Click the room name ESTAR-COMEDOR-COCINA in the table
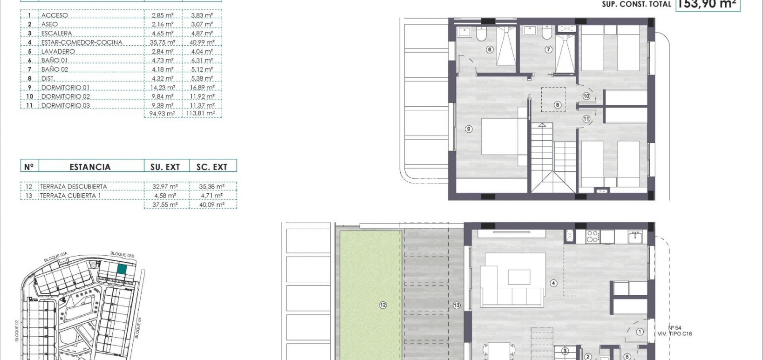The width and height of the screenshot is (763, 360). coord(82,42)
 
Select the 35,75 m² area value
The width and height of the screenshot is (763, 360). coord(163,42)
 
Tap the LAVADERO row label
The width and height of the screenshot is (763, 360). coord(58,51)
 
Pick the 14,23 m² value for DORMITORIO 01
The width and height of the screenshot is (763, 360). coord(163,88)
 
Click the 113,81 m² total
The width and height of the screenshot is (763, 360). coord(201,113)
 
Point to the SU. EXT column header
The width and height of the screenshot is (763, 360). coord(165,167)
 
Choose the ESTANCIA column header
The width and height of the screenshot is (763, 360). coord(90,167)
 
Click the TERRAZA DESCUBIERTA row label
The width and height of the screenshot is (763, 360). coord(73,187)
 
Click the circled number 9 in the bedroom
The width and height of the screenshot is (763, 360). coord(469,129)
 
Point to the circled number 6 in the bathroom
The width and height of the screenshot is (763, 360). coord(490,49)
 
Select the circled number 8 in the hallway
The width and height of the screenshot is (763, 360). coord(557,105)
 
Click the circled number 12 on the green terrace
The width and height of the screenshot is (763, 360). coord(383,305)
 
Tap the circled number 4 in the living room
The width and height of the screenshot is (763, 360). coord(554,283)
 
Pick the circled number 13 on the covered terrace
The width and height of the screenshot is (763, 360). coord(456,305)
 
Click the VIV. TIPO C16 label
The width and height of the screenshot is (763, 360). coord(674,334)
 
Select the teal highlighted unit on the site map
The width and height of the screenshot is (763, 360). coord(122,269)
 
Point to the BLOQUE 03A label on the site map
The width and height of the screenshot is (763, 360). coord(56,257)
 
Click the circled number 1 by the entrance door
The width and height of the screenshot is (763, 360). coord(640,332)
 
